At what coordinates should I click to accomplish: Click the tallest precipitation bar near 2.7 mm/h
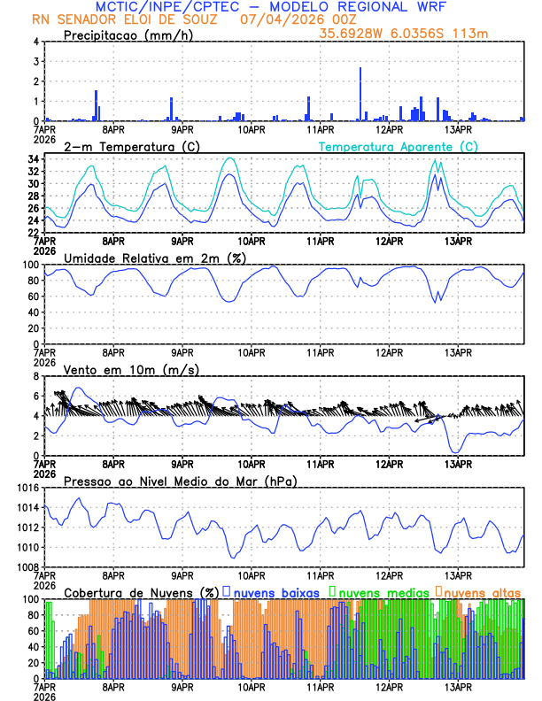pos(360,94)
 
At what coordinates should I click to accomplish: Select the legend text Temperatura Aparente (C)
pos(398,146)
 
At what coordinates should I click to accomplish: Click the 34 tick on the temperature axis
pos(33,159)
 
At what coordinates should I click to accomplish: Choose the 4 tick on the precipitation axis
pos(35,42)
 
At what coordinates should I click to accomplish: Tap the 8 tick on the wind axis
pos(35,376)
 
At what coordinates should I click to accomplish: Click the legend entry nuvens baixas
pos(275,591)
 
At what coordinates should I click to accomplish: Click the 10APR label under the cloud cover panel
pos(252,686)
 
